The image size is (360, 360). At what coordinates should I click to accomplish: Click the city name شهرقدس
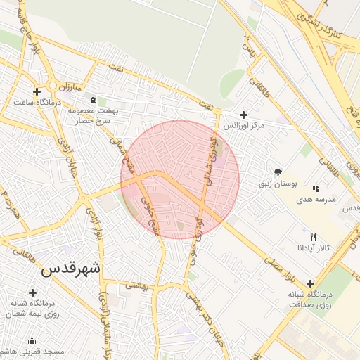[x=71, y=269]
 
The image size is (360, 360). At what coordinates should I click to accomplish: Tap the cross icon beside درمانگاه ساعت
[x=37, y=91]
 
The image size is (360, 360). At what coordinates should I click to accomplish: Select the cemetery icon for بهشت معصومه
[x=92, y=100]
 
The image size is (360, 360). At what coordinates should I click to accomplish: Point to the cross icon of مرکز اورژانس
[x=243, y=115]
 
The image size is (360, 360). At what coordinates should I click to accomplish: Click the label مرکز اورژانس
[x=243, y=125]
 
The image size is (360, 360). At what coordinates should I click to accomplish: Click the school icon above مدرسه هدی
[x=316, y=188]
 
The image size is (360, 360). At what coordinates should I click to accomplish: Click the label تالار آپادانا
[x=313, y=248]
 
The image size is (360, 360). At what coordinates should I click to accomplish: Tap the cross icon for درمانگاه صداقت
[x=310, y=283]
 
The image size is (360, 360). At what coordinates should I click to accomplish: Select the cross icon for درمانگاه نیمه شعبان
[x=32, y=292]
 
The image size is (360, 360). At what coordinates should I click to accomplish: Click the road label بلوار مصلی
[x=278, y=264]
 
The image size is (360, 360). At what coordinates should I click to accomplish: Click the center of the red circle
[x=180, y=180]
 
